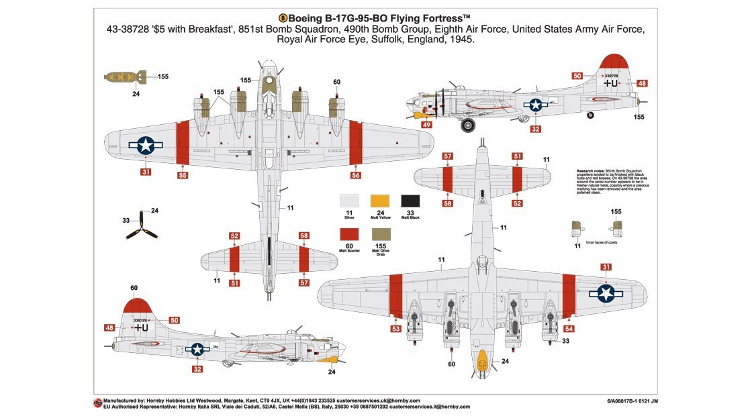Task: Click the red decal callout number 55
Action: click(183, 175)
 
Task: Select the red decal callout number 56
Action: click(356, 175)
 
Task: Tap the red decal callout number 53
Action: click(395, 329)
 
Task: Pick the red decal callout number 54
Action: click(569, 329)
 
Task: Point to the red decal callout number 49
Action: click(427, 124)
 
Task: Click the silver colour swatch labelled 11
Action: click(349, 201)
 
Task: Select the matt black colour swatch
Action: click(410, 201)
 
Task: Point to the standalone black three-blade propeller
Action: click(142, 227)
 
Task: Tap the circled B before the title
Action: click(283, 18)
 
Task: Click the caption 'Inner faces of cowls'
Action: click(601, 242)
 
